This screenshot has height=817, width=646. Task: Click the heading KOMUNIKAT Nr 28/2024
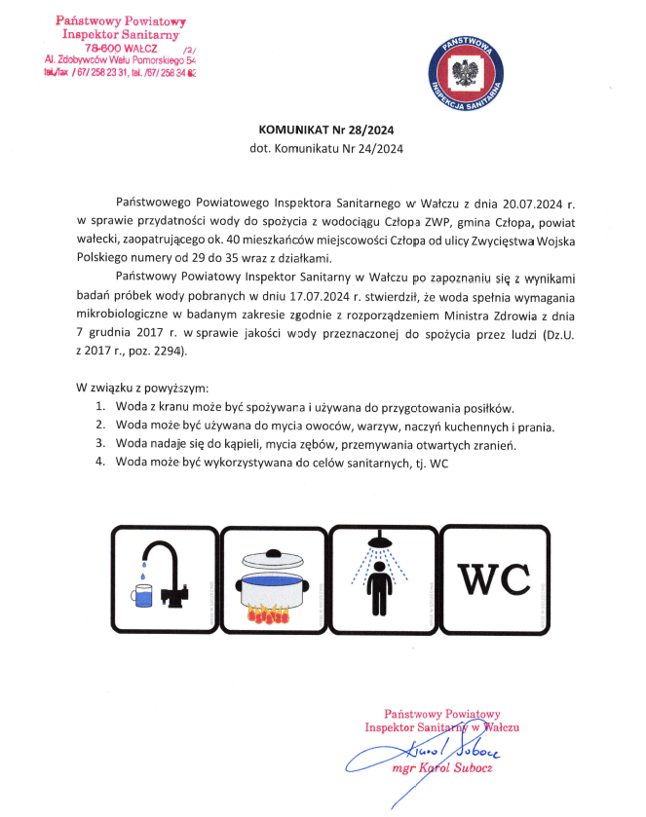(x=325, y=130)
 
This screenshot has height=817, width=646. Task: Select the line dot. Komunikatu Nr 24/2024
(x=325, y=149)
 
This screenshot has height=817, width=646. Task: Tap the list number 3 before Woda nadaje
(x=98, y=444)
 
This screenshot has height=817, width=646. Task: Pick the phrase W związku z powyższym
(x=143, y=388)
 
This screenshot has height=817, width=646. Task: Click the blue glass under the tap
(x=141, y=593)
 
